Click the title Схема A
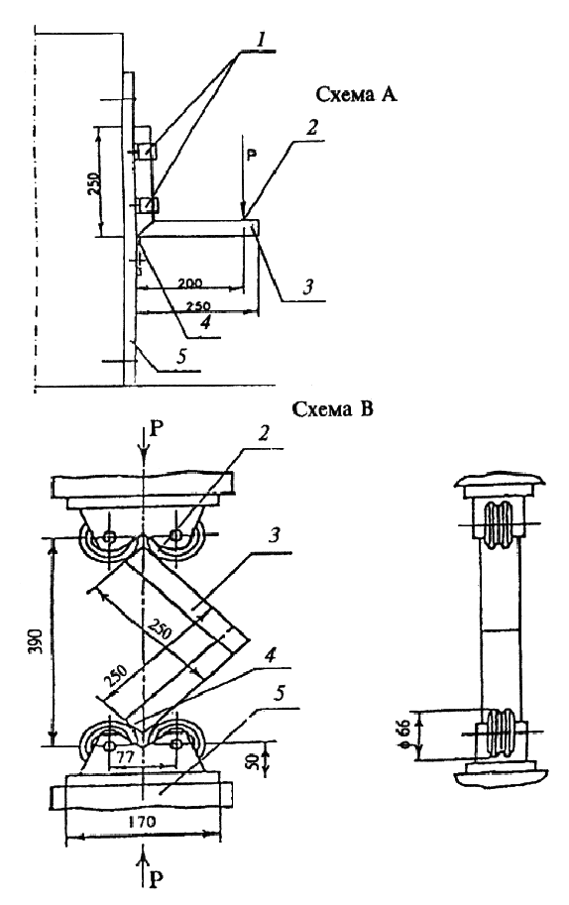tap(356, 93)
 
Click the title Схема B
tap(332, 408)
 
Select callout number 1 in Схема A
tap(261, 41)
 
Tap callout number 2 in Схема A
tap(312, 127)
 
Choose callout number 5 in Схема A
tap(181, 356)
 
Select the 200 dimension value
tap(190, 283)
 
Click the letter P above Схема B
tap(157, 429)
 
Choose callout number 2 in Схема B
tap(263, 433)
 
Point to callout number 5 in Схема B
tap(279, 693)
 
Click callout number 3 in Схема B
tap(275, 535)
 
